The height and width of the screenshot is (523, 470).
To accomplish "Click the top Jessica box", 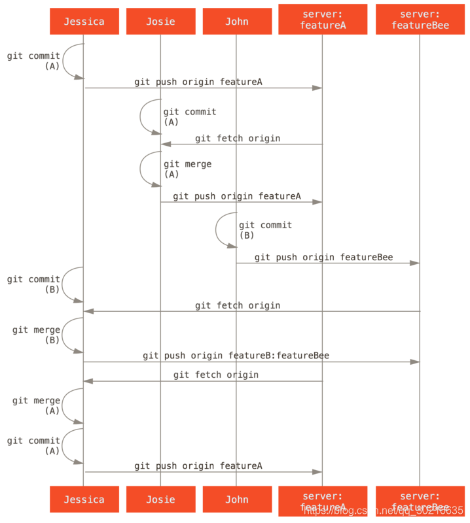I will [x=84, y=22].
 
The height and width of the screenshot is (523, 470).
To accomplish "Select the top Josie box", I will [x=160, y=22].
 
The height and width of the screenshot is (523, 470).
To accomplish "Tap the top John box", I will [x=236, y=22].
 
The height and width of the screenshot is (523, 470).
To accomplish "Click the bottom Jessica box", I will [x=84, y=499].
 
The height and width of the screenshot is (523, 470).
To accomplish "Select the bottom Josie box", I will [x=160, y=499].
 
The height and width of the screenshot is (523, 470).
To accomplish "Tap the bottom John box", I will [x=236, y=499].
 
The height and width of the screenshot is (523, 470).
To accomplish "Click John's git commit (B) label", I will [x=264, y=229].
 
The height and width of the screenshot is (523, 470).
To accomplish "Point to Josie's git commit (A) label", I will [x=189, y=116].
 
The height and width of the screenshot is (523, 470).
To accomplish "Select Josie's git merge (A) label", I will [x=187, y=169].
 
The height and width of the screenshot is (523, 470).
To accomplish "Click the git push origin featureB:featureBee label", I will [x=236, y=356].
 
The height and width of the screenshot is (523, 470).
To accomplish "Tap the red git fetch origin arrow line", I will [x=203, y=381].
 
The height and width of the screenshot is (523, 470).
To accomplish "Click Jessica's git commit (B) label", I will [x=34, y=284].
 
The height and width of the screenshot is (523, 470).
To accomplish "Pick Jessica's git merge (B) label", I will [x=36, y=335].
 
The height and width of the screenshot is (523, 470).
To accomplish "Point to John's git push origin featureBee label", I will [x=323, y=258].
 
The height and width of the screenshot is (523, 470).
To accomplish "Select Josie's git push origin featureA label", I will [x=237, y=196].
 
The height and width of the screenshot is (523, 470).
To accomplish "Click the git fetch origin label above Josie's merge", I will [x=237, y=139].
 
